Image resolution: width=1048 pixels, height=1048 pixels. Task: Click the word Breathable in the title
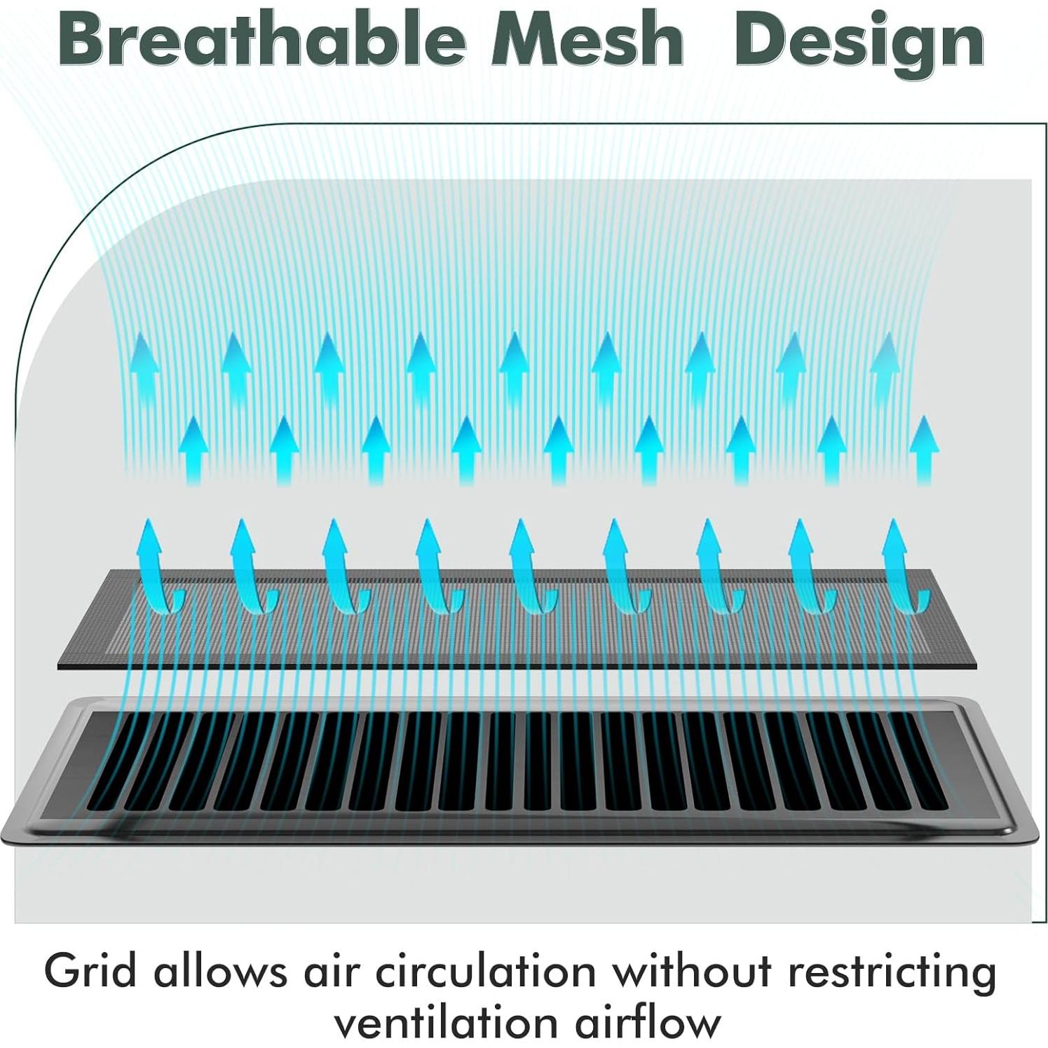(x=263, y=41)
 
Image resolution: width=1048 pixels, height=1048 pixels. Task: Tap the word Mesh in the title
(x=587, y=41)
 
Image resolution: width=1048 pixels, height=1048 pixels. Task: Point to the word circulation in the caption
(x=486, y=972)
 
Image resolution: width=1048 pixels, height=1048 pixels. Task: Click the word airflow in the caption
(x=648, y=1022)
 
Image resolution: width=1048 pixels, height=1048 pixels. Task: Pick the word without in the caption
(x=692, y=972)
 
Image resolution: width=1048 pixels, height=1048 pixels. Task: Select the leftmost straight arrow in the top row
(x=144, y=368)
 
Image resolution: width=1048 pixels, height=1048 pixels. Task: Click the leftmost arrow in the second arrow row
(x=193, y=450)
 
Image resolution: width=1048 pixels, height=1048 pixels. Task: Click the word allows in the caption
(x=220, y=972)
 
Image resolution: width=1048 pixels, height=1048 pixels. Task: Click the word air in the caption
(x=331, y=972)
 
